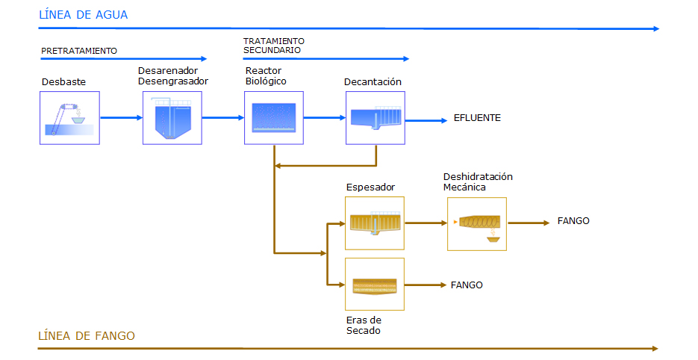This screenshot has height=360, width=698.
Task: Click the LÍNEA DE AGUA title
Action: (84, 15)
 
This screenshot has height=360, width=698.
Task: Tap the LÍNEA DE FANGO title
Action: (87, 335)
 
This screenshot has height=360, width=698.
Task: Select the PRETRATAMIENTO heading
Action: (79, 51)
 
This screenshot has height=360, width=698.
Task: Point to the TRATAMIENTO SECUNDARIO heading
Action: (274, 46)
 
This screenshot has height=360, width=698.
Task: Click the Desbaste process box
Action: (70, 118)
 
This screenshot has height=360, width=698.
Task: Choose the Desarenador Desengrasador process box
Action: (172, 118)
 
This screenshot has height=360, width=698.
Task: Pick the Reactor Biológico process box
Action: (274, 118)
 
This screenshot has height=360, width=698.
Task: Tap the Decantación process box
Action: (376, 118)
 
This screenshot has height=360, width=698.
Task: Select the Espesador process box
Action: (375, 223)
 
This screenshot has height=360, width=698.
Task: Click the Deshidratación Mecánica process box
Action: (477, 224)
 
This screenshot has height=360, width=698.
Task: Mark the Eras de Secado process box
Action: (375, 285)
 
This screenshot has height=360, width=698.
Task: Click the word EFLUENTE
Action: (477, 117)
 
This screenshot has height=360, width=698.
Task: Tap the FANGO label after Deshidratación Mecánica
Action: (573, 220)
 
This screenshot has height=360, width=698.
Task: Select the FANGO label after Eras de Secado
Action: (467, 285)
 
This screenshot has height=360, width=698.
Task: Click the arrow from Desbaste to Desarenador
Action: (122, 117)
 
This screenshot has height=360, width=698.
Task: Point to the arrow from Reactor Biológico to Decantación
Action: (325, 117)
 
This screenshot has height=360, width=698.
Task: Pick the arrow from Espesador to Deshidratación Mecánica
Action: (426, 223)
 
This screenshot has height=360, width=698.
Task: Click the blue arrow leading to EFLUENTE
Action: (426, 120)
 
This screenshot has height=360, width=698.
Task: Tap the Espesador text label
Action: (370, 187)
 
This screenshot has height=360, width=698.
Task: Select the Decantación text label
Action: (373, 81)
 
